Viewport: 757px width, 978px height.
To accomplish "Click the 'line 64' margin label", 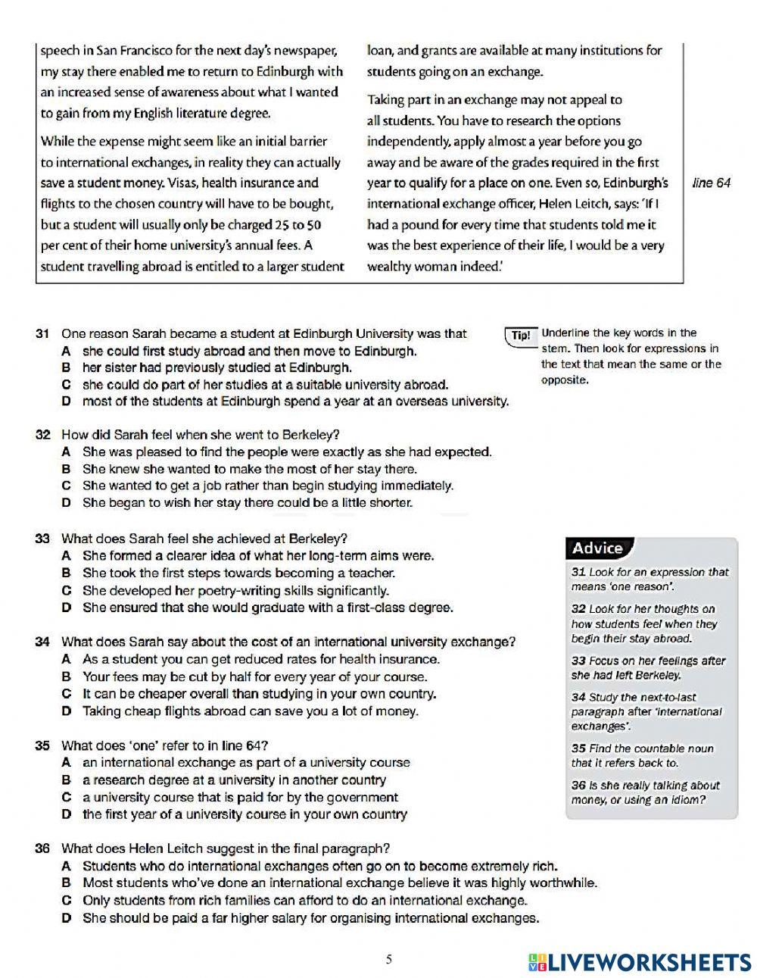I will point(712,183).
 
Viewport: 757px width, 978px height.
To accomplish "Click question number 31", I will point(43,334).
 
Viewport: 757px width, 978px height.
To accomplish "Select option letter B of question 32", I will point(67,469).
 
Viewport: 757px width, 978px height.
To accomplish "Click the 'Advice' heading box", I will point(598,548).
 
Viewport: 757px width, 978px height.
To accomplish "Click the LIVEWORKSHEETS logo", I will point(640,962).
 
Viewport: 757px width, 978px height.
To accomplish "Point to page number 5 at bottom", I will point(389,960).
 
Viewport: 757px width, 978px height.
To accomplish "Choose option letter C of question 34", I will point(67,694).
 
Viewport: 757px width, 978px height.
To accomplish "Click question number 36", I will point(43,848).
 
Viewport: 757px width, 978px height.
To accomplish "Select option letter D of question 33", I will point(67,608).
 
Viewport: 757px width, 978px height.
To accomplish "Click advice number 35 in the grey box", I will point(579,748).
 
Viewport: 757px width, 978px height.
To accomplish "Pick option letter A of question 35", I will point(67,763).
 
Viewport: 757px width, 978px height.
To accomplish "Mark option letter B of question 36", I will point(67,883).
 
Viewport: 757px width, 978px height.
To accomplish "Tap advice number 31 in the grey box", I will point(579,573).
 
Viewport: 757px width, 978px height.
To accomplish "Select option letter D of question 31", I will point(67,402).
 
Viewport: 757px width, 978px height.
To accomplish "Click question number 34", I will point(43,642).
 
